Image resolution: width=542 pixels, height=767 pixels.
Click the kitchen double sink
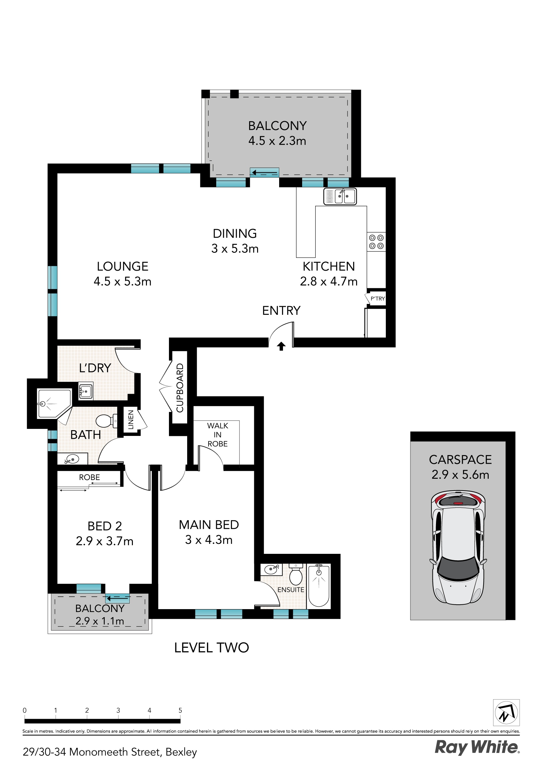click(x=340, y=196)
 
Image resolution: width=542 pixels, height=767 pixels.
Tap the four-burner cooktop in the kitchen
click(x=376, y=242)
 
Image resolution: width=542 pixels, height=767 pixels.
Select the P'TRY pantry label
click(x=378, y=298)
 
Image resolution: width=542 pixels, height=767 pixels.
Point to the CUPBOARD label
click(x=180, y=388)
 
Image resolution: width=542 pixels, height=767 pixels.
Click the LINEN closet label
click(x=131, y=420)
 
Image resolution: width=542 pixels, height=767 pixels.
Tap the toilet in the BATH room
click(x=106, y=421)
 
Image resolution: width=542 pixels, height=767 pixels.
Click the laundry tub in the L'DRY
click(x=86, y=391)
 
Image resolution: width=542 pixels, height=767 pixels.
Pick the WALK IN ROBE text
click(x=218, y=435)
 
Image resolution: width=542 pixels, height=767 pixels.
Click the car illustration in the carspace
click(x=458, y=548)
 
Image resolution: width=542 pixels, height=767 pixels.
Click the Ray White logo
click(x=477, y=747)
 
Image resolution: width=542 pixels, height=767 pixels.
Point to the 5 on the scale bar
click(x=180, y=710)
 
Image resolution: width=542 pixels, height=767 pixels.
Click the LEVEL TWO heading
click(x=211, y=648)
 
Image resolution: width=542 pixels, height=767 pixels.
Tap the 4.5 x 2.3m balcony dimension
click(x=277, y=141)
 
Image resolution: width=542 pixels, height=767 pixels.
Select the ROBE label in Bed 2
click(x=89, y=477)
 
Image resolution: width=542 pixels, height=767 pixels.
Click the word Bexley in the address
click(x=181, y=752)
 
